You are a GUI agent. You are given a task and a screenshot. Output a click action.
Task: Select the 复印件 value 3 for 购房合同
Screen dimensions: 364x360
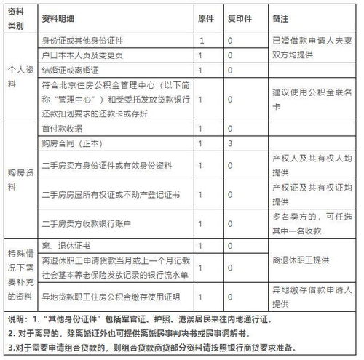pos(230,143)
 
